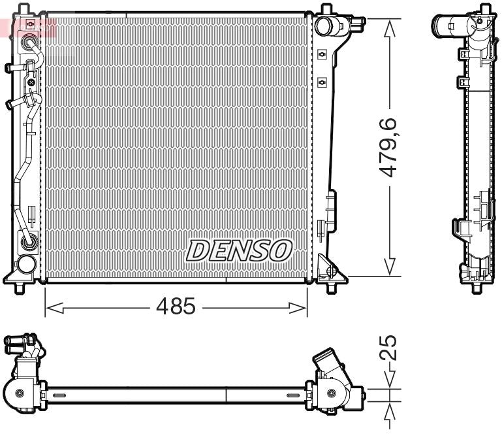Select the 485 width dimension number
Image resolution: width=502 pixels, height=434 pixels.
click(x=175, y=306)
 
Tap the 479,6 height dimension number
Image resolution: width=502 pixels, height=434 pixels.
click(x=390, y=148)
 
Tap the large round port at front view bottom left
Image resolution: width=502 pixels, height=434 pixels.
click(x=27, y=264)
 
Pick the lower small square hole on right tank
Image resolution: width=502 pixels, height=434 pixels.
click(x=322, y=82)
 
